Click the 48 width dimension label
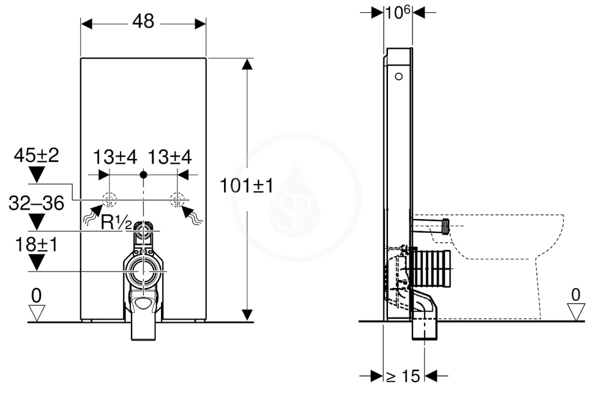click(144, 21)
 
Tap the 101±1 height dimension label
click(246, 186)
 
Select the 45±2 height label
click(36, 155)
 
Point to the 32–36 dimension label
click(36, 204)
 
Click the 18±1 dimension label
click(36, 245)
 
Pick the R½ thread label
click(116, 223)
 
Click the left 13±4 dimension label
click(115, 157)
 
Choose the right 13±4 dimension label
click(170, 157)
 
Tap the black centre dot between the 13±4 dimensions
click(143, 175)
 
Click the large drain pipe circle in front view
click(143, 271)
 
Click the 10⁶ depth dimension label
click(398, 13)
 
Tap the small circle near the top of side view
click(398, 76)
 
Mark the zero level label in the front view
click(36, 296)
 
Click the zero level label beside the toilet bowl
click(575, 294)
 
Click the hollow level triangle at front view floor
click(36, 313)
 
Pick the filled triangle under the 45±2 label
click(36, 175)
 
